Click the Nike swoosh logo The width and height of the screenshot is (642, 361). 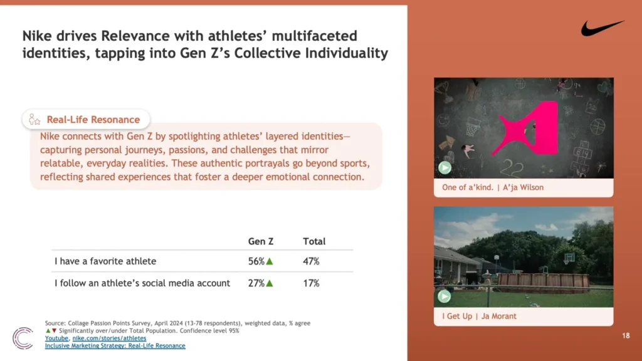601,29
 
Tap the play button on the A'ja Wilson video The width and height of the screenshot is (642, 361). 445,167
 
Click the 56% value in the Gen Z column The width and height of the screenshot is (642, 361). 256,261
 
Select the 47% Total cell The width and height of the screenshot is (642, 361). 311,261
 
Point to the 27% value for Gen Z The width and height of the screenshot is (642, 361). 256,283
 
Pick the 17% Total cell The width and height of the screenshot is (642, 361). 311,283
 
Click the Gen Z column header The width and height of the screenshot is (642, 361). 261,241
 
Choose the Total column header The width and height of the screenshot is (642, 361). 314,241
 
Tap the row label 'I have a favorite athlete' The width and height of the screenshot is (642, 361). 105,261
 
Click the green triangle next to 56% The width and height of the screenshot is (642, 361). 270,261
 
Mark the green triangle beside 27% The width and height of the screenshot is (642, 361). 270,283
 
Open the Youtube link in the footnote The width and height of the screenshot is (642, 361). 56,338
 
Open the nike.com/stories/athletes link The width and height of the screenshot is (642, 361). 109,338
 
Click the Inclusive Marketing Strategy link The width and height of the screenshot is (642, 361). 115,346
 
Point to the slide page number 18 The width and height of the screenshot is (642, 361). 626,336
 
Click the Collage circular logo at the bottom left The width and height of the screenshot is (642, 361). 23,338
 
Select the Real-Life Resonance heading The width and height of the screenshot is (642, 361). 93,120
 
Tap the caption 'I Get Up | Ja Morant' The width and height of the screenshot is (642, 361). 479,316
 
